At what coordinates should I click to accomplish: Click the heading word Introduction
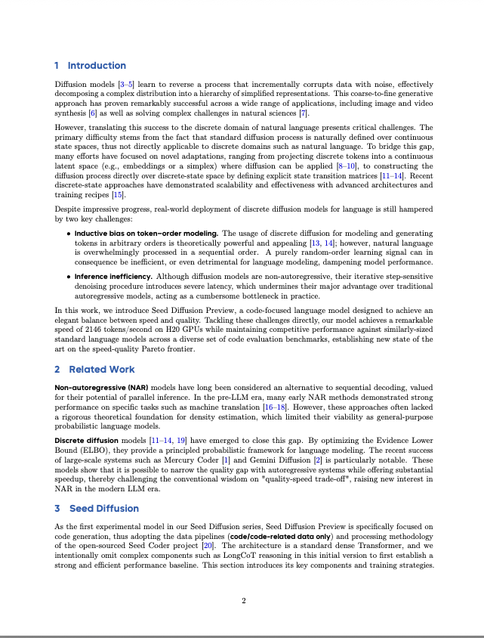(x=97, y=66)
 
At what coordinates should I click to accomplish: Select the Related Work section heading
(x=102, y=369)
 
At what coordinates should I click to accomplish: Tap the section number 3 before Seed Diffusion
(x=57, y=508)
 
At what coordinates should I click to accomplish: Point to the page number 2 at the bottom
(x=243, y=601)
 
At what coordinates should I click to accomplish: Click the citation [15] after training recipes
(x=118, y=195)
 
